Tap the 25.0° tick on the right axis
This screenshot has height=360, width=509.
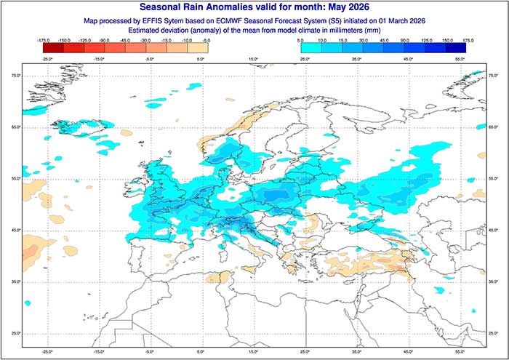(x=493, y=333)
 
